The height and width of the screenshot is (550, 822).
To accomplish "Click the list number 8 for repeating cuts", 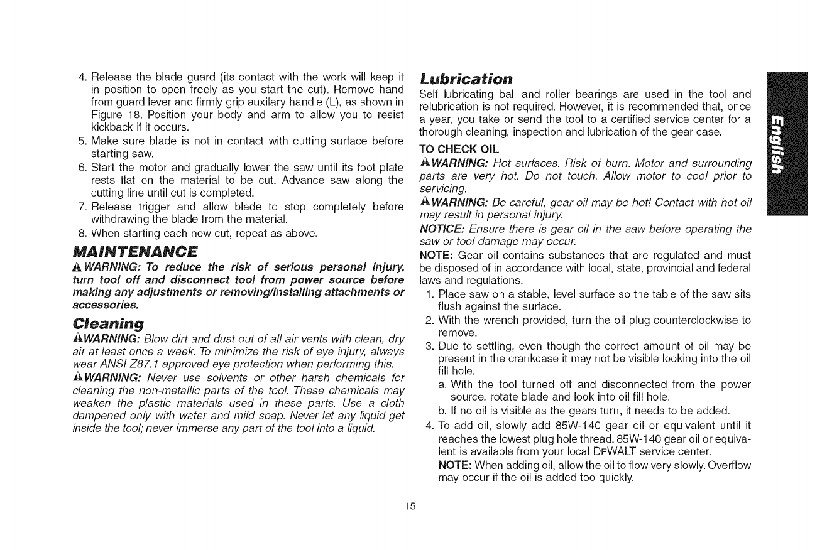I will [82, 235].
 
